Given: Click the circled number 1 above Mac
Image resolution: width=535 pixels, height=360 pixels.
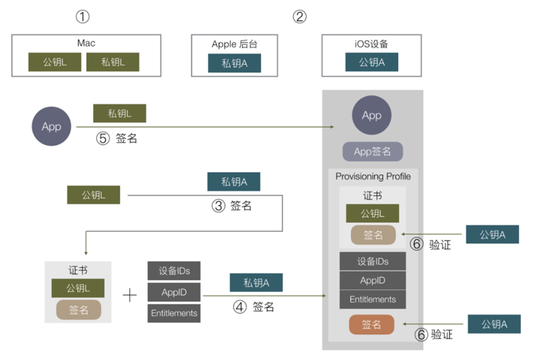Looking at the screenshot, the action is pyautogui.click(x=83, y=17).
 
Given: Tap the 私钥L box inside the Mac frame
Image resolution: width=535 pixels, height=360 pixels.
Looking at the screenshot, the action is pyautogui.click(x=113, y=62).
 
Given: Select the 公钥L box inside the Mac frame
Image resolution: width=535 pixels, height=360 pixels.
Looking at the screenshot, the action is pyautogui.click(x=55, y=62).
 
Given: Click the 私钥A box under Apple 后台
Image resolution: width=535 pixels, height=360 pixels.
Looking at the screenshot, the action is pyautogui.click(x=234, y=63).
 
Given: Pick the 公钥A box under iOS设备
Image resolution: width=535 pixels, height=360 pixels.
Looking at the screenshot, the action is pyautogui.click(x=371, y=62).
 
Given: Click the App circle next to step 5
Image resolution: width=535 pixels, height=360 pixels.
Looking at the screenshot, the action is pyautogui.click(x=52, y=126).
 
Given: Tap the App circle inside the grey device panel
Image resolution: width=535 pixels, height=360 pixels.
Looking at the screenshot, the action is pyautogui.click(x=371, y=115).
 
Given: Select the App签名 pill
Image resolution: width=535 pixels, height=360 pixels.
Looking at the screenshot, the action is pyautogui.click(x=373, y=151).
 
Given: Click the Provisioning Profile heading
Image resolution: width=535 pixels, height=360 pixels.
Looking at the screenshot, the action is pyautogui.click(x=373, y=177).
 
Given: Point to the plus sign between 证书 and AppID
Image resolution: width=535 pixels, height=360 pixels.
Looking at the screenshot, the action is pyautogui.click(x=130, y=295).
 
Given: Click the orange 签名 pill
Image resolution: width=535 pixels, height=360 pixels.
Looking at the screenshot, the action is pyautogui.click(x=371, y=324).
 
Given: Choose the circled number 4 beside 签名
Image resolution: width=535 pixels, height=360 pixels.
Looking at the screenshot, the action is pyautogui.click(x=240, y=307).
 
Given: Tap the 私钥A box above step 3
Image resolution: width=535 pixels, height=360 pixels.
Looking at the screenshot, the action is pyautogui.click(x=234, y=182).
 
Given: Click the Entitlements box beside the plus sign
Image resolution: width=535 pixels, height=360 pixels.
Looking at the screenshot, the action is pyautogui.click(x=174, y=313).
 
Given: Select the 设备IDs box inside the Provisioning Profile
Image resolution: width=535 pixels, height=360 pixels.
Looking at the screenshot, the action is pyautogui.click(x=373, y=262).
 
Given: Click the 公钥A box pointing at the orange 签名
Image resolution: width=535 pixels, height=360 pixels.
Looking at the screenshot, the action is pyautogui.click(x=494, y=324).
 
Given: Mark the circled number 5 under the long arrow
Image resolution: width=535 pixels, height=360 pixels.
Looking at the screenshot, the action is pyautogui.click(x=103, y=138).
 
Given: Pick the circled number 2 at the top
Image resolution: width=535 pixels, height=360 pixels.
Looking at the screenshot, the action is pyautogui.click(x=300, y=17).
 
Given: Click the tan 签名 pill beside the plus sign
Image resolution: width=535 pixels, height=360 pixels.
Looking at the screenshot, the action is pyautogui.click(x=78, y=310).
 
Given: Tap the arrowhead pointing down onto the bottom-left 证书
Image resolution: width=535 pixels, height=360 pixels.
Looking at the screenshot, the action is pyautogui.click(x=86, y=253).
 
